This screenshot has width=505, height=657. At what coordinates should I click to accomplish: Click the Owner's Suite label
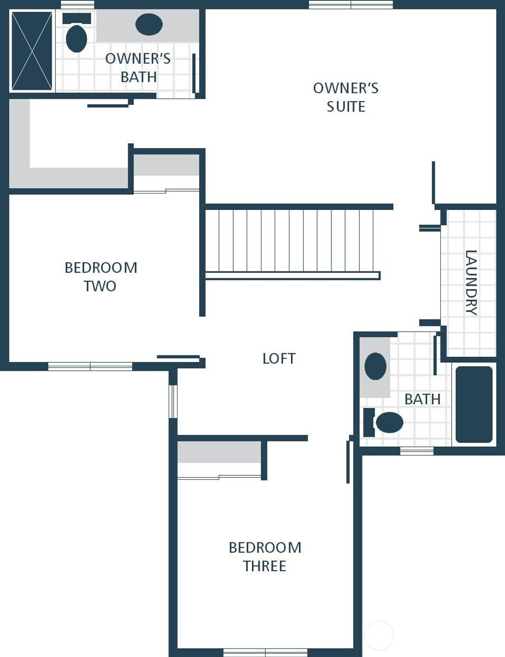[346, 97]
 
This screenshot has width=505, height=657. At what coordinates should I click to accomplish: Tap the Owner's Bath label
[138, 68]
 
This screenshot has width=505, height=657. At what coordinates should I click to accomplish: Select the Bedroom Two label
[101, 277]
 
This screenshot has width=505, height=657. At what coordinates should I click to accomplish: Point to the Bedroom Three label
[265, 556]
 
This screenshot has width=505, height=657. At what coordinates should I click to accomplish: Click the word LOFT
[279, 358]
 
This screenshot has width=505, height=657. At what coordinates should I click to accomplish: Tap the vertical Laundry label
[471, 283]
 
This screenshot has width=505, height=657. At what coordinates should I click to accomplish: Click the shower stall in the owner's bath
[32, 51]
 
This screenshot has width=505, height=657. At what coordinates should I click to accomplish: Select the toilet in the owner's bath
[76, 33]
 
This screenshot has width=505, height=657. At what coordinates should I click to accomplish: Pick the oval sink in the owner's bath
[149, 24]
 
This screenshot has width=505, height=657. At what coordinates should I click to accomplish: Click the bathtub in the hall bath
[474, 405]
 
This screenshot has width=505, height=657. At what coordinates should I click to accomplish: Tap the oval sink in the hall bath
[375, 366]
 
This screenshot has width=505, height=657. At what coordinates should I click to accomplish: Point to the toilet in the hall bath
[383, 423]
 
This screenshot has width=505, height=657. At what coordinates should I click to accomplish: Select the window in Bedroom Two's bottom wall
[90, 366]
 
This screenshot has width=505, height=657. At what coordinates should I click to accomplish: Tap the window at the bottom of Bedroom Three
[265, 653]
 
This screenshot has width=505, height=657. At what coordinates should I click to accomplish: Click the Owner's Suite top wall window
[351, 4]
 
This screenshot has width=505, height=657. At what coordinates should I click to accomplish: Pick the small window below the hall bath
[417, 451]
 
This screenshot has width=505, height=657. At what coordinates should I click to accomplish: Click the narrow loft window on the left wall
[173, 401]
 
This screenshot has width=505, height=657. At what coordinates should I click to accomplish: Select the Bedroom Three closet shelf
[219, 452]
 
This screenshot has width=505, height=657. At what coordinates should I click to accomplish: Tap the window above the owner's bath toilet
[77, 4]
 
